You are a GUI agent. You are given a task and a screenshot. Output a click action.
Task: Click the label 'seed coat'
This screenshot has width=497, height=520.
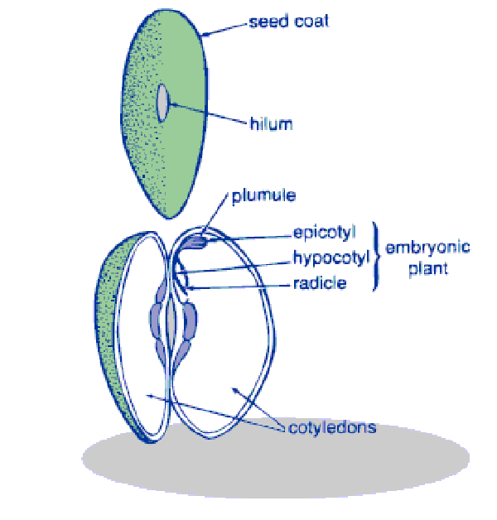(x=288, y=21)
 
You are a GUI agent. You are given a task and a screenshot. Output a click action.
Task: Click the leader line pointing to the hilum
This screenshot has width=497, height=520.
(x=207, y=113)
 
